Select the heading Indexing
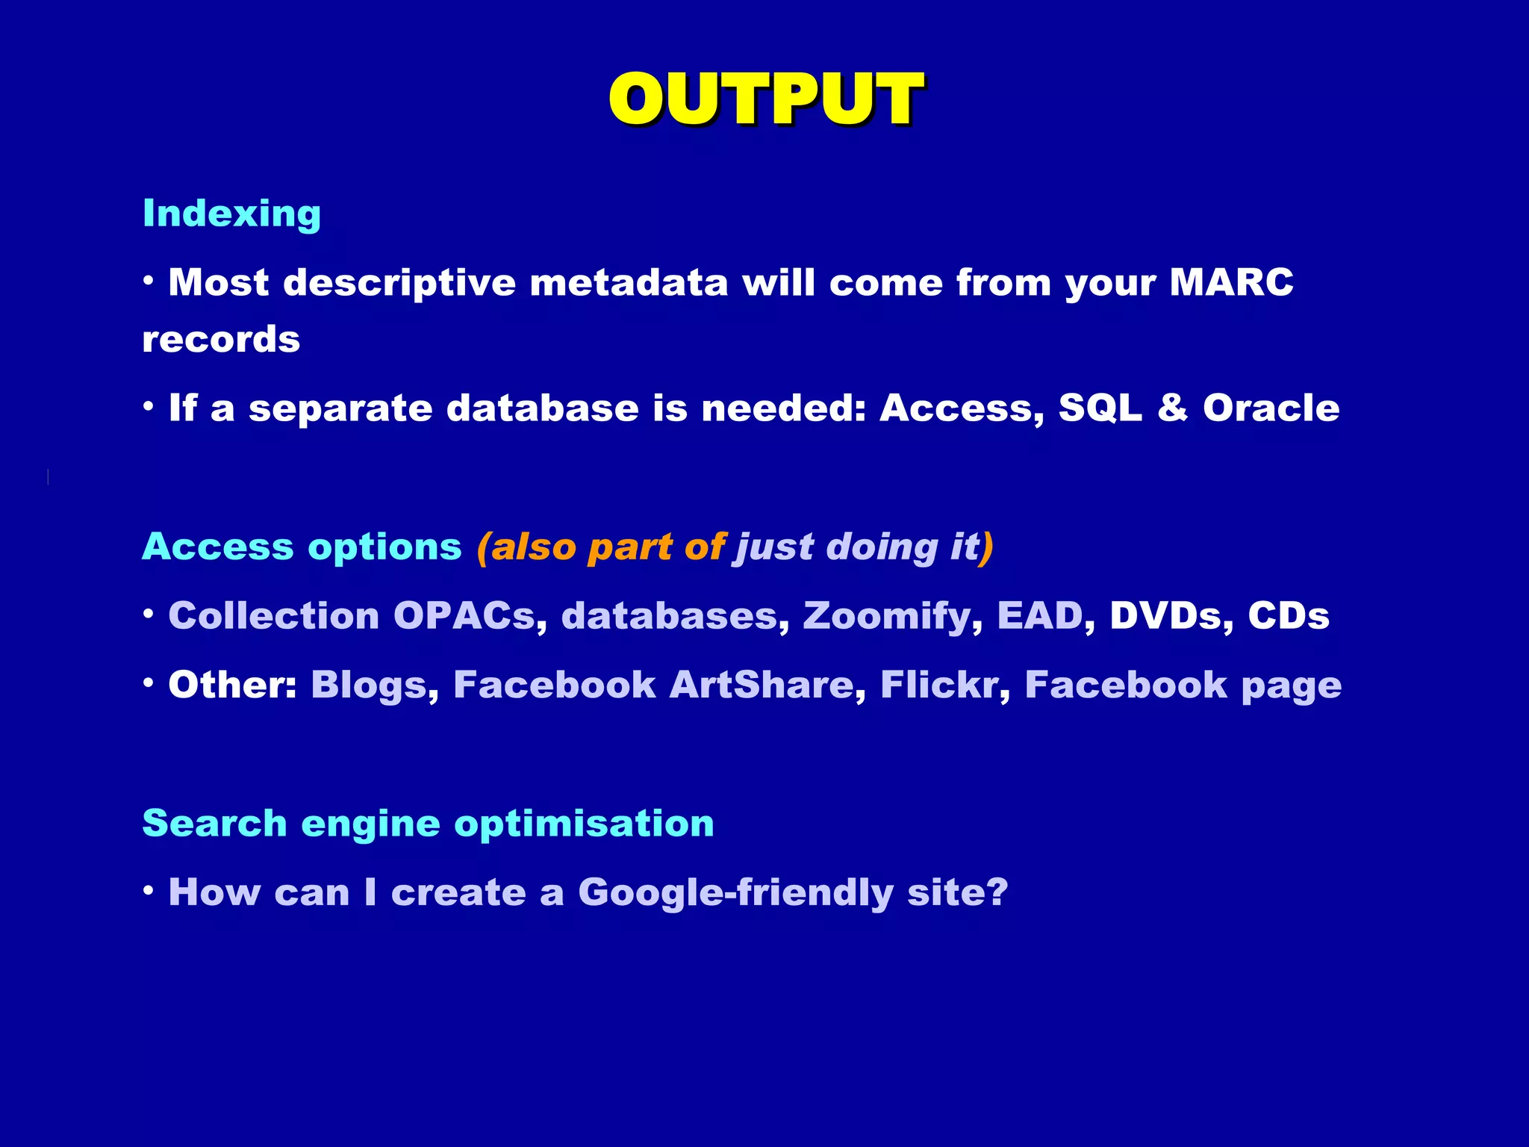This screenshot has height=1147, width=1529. (231, 214)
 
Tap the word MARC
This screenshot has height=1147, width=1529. (1231, 282)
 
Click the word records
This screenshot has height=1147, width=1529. (221, 340)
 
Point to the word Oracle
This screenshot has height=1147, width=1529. (1271, 408)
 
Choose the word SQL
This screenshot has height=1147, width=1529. (1100, 408)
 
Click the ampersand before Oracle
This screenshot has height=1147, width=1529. (1173, 408)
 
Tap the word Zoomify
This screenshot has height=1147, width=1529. (888, 616)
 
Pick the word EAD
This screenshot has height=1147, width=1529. (1040, 616)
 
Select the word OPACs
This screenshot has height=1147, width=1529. (464, 616)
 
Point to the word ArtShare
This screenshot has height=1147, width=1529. (762, 685)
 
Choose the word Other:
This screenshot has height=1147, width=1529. (232, 685)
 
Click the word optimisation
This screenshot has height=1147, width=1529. (584, 824)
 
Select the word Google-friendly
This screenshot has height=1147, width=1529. (735, 893)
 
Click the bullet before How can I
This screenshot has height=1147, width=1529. (149, 889)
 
